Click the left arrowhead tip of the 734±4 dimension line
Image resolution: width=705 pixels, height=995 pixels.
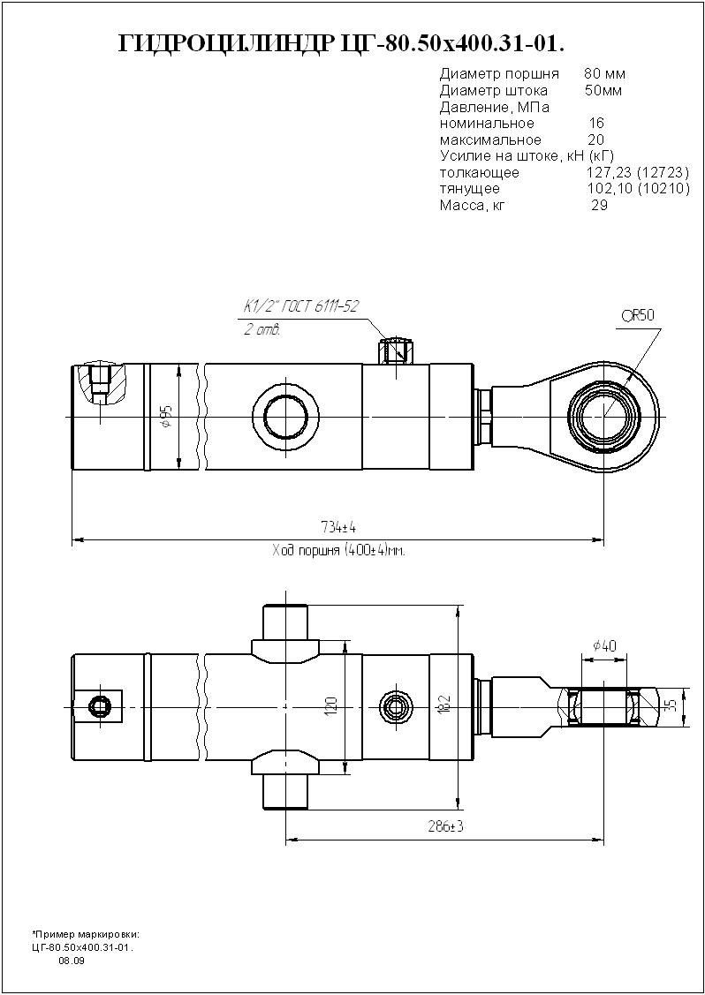coord(72,540)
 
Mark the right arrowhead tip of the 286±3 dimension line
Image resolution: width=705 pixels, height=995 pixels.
coord(603,840)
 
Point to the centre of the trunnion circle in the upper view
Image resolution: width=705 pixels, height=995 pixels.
coord(286,417)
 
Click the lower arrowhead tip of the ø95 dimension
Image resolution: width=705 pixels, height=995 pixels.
coord(179,470)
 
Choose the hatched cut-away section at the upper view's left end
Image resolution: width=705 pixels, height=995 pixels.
coord(102,385)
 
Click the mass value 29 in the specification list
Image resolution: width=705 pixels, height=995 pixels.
coord(599,205)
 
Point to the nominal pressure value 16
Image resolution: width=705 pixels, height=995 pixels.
coord(596,123)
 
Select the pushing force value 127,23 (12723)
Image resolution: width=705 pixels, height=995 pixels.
coord(638,173)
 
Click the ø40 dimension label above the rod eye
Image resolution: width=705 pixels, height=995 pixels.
coord(604,646)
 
